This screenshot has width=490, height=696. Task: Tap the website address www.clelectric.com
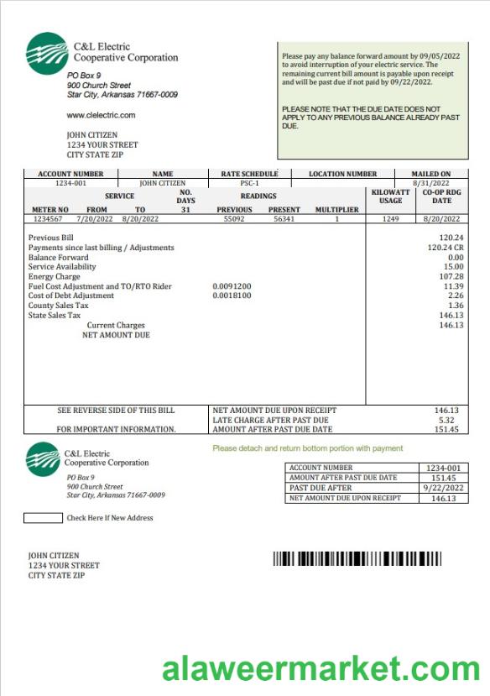tap(101, 115)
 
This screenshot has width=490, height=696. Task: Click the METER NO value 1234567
tap(49, 218)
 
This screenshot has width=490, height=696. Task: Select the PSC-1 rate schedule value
tap(249, 182)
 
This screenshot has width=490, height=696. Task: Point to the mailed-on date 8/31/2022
tap(430, 182)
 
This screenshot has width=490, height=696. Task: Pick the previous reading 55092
tap(234, 218)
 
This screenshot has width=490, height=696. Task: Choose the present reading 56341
tap(284, 218)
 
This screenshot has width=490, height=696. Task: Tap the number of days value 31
tap(186, 210)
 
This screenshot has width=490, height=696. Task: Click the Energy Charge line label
tap(55, 276)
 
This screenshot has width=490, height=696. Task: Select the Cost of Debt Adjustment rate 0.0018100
tap(232, 296)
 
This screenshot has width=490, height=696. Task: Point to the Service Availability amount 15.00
tap(455, 267)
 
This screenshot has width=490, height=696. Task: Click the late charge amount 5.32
tap(446, 420)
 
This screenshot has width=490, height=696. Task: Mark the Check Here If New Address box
tap(43, 518)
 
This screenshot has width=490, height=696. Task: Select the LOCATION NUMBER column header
tap(342, 174)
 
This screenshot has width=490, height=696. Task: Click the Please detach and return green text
tap(307, 448)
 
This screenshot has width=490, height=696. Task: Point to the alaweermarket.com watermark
tap(321, 669)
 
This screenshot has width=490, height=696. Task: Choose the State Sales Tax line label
tap(55, 315)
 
